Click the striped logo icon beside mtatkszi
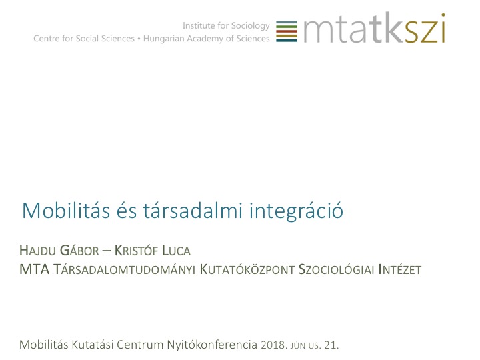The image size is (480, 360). pos(287,31)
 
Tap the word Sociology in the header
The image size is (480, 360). pos(251,26)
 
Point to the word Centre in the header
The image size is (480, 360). pos(47,39)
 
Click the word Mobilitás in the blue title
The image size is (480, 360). pos(66,210)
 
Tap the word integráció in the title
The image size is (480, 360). pos(296,211)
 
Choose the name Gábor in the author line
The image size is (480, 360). pos(79,250)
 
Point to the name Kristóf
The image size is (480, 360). pos(136,250)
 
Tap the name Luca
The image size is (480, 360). pos(176,251)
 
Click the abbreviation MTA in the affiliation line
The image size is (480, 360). pos(34,269)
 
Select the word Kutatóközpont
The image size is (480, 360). pos(247,269)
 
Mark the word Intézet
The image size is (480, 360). pos(400,269)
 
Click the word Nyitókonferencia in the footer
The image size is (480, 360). pos(212,345)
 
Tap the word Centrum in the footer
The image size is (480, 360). pos(140,345)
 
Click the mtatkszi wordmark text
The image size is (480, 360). pos(374,28)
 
